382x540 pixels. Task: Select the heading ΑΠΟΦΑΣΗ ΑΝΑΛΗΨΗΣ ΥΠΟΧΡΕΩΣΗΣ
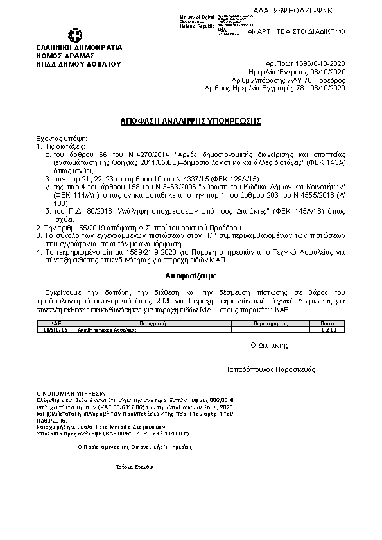click(190, 121)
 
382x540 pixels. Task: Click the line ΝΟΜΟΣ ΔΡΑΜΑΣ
click(63, 56)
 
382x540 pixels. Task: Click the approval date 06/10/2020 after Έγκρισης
click(327, 73)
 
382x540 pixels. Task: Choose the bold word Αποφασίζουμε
click(191, 275)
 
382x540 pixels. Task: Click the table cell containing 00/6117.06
click(56, 330)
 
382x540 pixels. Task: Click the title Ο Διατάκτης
click(269, 345)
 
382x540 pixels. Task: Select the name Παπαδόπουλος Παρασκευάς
click(268, 371)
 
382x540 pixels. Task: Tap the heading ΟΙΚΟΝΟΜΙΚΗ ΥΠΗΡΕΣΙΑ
click(67, 393)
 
